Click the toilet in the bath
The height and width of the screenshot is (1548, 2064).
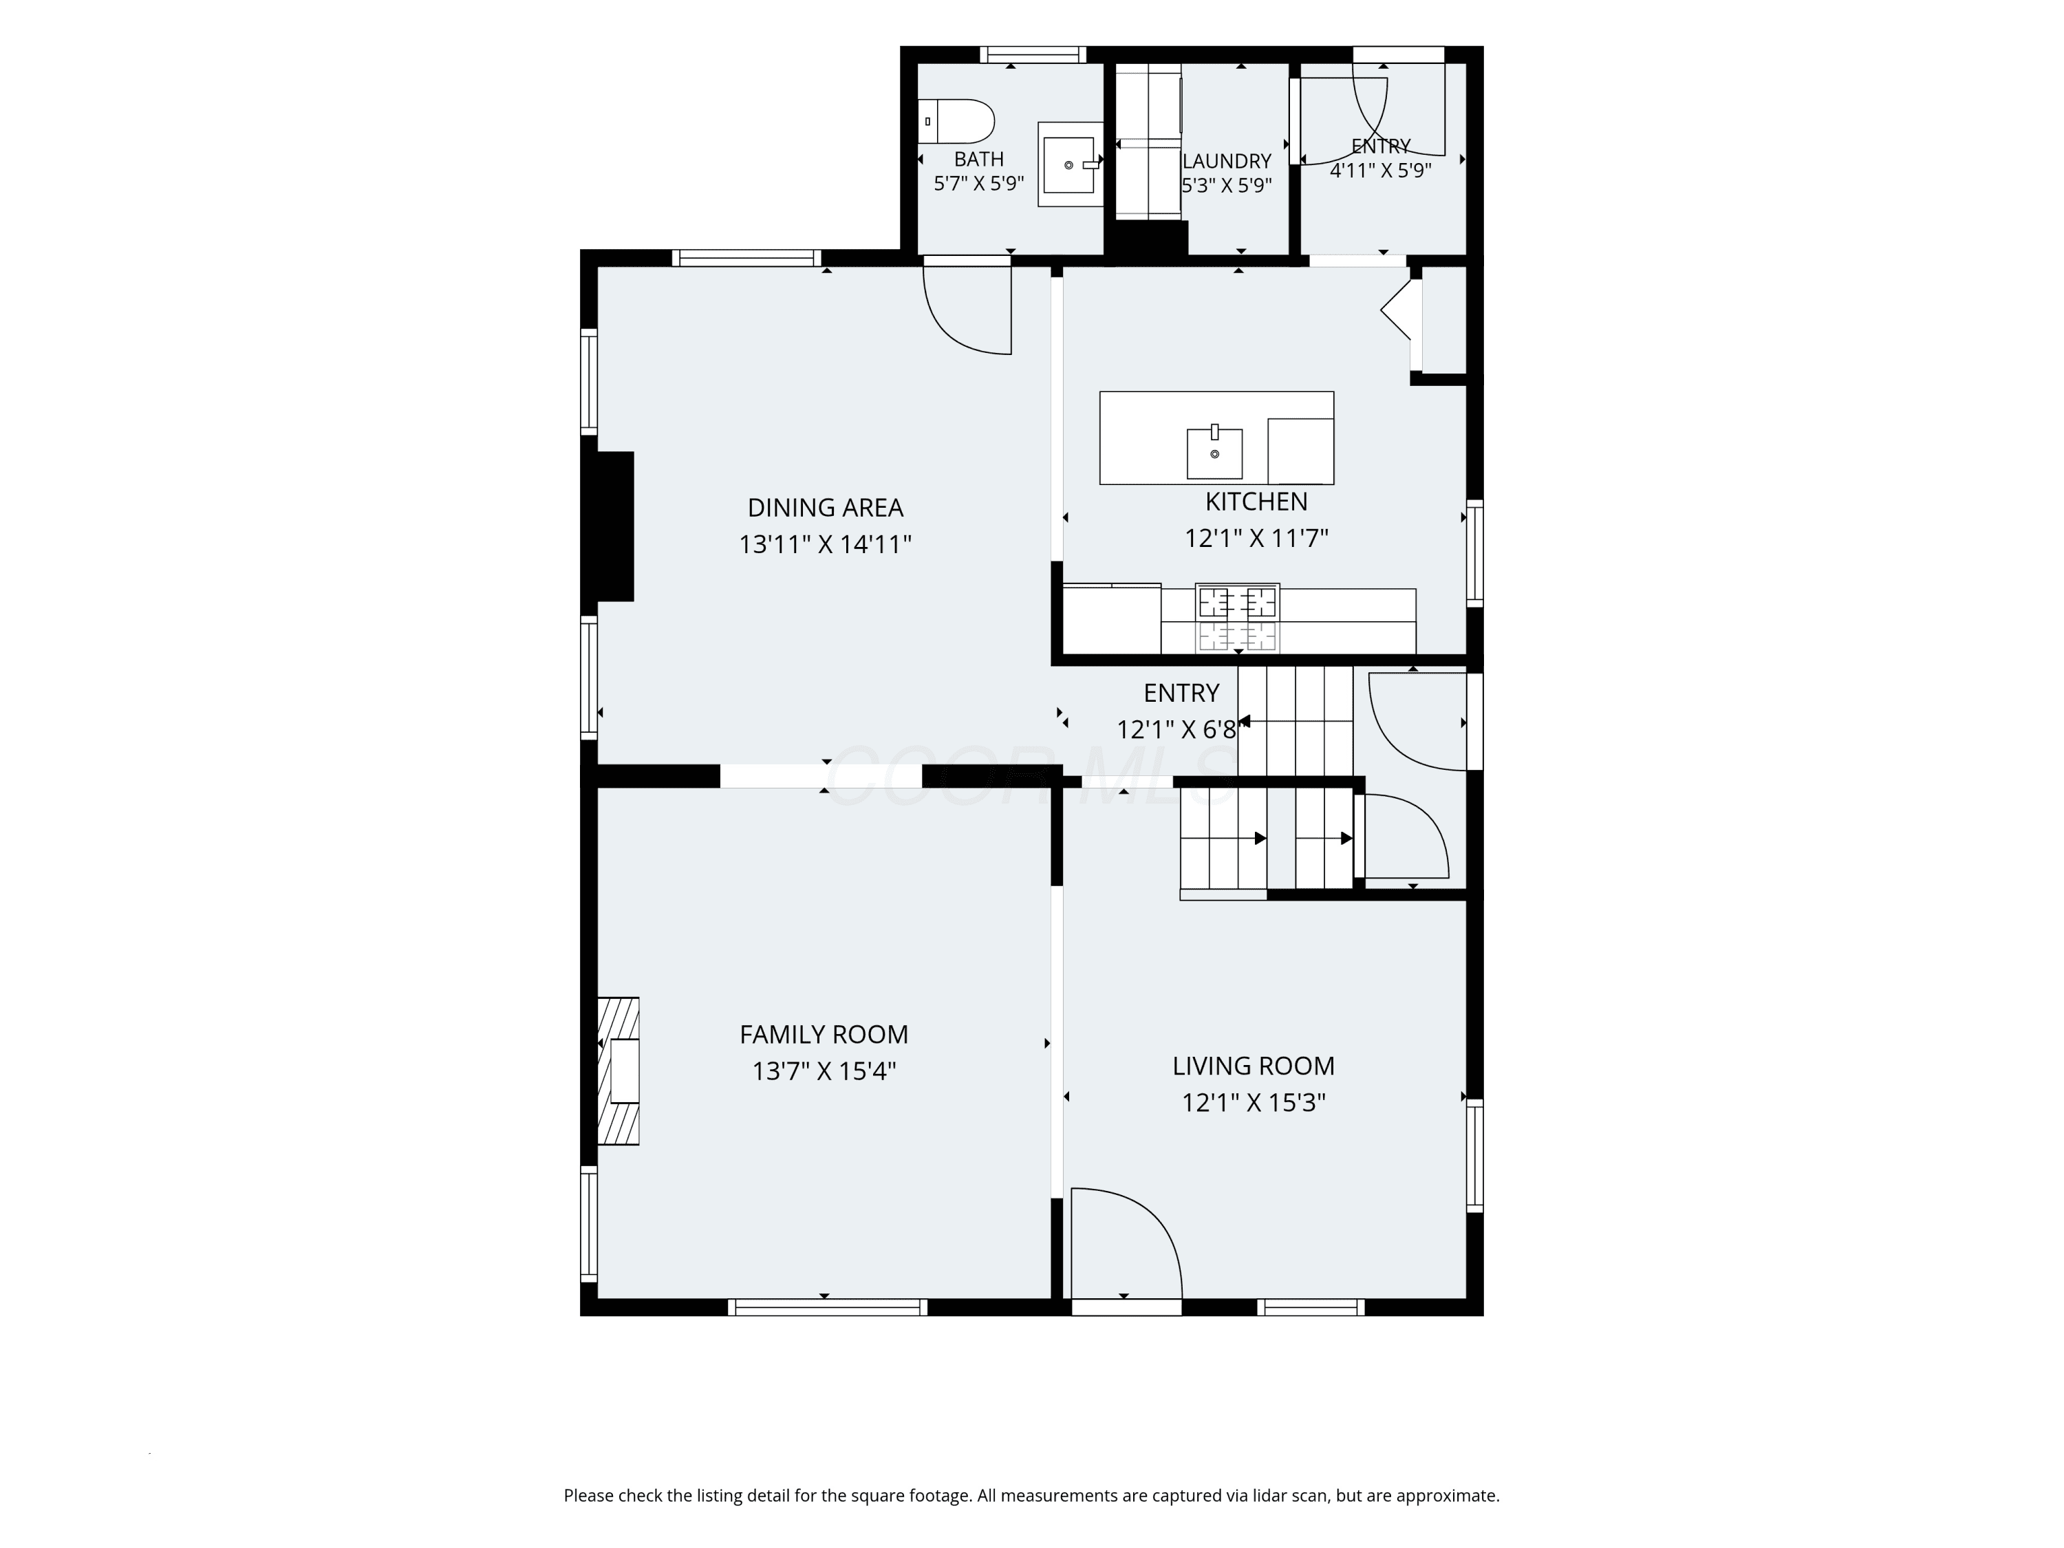(956, 121)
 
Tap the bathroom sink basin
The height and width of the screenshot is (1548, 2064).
(1069, 165)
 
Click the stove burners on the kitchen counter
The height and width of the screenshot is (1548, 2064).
(1237, 619)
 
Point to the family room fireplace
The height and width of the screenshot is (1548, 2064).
(619, 1071)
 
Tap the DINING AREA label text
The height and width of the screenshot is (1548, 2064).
(825, 508)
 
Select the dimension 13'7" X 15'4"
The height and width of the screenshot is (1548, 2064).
(824, 1071)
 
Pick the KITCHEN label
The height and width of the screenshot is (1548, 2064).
(1256, 502)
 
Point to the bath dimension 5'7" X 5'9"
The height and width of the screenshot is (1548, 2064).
(979, 184)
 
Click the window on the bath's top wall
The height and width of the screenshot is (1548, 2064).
(1033, 55)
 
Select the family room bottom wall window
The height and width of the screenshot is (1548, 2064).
(828, 1307)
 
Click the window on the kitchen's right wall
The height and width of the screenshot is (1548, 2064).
(1474, 553)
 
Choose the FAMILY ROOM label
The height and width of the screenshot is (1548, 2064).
(824, 1034)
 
